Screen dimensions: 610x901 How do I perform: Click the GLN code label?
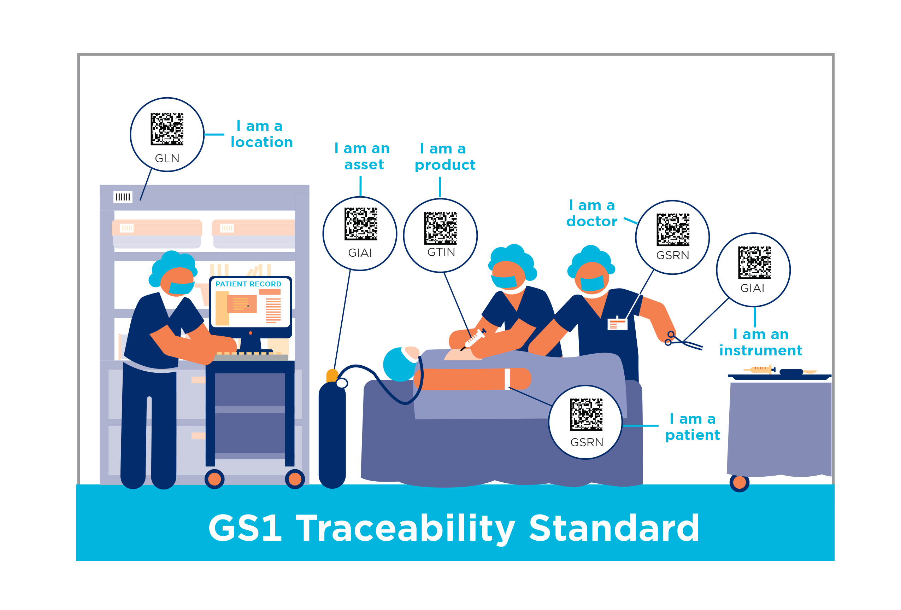pyautogui.click(x=167, y=158)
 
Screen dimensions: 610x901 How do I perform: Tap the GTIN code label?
pyautogui.click(x=441, y=252)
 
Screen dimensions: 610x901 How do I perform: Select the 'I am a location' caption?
pyautogui.click(x=261, y=134)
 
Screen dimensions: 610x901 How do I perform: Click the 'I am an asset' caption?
pyautogui.click(x=363, y=156)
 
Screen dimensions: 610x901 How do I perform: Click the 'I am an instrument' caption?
pyautogui.click(x=760, y=342)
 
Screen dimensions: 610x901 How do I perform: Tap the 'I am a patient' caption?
pyautogui.click(x=693, y=427)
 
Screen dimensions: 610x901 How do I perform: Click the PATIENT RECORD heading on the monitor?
pyautogui.click(x=248, y=284)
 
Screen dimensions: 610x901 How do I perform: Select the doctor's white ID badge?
pyautogui.click(x=617, y=324)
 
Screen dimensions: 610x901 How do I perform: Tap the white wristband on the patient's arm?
pyautogui.click(x=507, y=378)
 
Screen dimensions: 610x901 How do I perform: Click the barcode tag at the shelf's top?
pyautogui.click(x=123, y=197)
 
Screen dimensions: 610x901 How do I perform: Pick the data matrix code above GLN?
pyautogui.click(x=167, y=129)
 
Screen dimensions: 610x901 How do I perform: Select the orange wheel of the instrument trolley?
pyautogui.click(x=739, y=482)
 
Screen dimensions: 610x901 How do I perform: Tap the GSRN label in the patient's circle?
pyautogui.click(x=587, y=442)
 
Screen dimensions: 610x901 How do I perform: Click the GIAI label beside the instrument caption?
pyautogui.click(x=752, y=288)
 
